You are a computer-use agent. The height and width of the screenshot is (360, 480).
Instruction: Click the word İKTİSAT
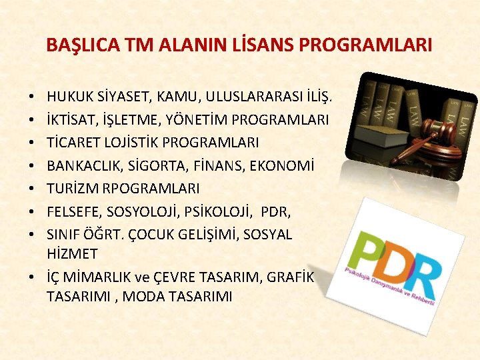(69, 121)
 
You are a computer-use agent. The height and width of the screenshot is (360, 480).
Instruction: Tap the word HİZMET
(72, 254)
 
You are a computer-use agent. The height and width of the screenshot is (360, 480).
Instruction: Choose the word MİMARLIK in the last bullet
(95, 277)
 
